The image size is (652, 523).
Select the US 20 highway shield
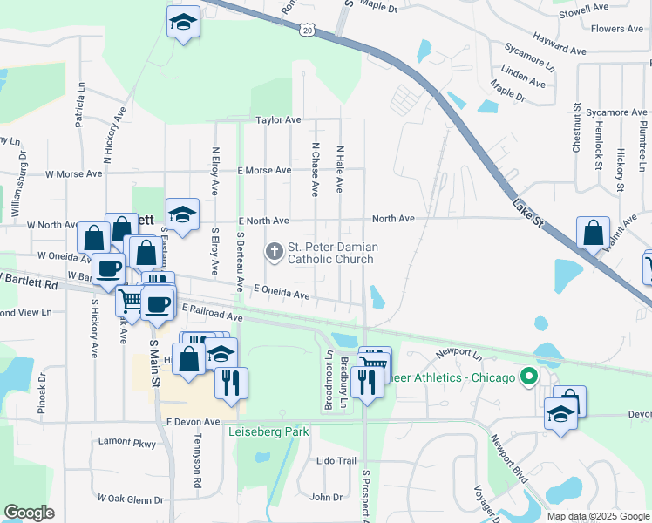pos(307,31)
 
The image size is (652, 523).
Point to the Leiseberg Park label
pos(268,431)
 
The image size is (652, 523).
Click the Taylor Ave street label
pos(278,119)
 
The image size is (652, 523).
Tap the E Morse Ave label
pos(263,170)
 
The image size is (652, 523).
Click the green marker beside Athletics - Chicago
pos(528,377)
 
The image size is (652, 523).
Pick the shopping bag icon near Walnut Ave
pos(593,234)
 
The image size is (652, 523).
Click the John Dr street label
pos(326,498)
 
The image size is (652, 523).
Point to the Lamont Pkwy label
pos(126,444)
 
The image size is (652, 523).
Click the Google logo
pos(29,513)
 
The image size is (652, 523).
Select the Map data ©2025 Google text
pos(597,516)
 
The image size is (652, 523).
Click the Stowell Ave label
pos(584,10)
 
